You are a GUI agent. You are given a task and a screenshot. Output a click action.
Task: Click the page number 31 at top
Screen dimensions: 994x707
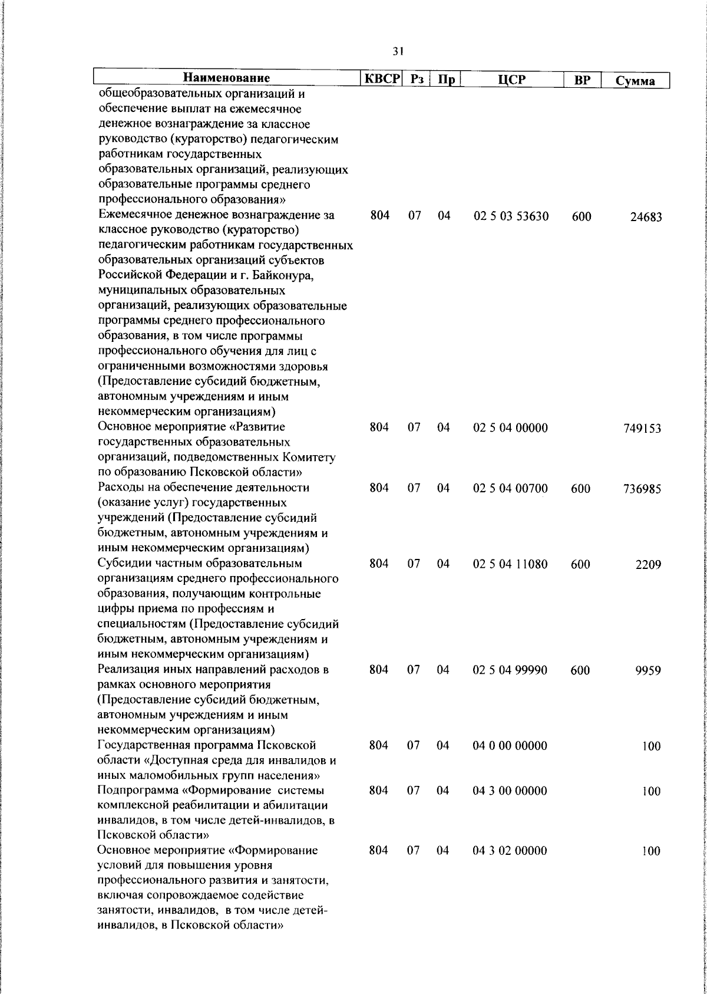click(x=398, y=52)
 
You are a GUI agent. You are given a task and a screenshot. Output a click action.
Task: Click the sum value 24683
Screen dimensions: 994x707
click(x=646, y=217)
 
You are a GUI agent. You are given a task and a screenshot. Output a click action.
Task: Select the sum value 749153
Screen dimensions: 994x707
click(x=642, y=429)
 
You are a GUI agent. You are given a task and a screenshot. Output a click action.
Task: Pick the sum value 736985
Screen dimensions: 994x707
click(x=642, y=489)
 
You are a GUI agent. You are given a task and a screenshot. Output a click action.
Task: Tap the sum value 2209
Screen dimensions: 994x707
click(x=648, y=565)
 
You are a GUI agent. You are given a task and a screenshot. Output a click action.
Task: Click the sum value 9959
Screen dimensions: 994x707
click(x=648, y=670)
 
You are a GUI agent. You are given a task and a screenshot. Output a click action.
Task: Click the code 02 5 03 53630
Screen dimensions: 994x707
click(x=511, y=216)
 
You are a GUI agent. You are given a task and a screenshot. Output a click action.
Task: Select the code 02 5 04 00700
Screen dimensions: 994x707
click(x=510, y=488)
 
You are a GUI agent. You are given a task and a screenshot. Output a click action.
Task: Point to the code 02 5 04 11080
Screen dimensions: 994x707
click(x=510, y=564)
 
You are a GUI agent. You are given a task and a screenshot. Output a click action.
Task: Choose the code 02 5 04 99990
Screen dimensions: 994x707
click(x=510, y=670)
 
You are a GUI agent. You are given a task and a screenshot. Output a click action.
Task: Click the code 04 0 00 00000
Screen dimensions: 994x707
click(x=510, y=745)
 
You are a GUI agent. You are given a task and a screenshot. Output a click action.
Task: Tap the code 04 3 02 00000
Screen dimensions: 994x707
click(x=510, y=851)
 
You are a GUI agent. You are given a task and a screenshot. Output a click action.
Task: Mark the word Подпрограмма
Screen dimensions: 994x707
click(x=136, y=791)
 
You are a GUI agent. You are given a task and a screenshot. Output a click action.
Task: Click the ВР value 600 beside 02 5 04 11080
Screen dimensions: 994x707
click(x=580, y=564)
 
